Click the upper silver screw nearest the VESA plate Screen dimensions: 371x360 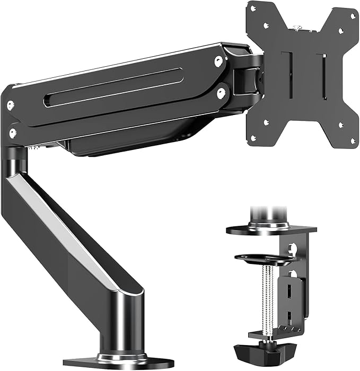click(218, 61)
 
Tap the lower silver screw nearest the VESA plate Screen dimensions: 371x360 click(221, 93)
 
